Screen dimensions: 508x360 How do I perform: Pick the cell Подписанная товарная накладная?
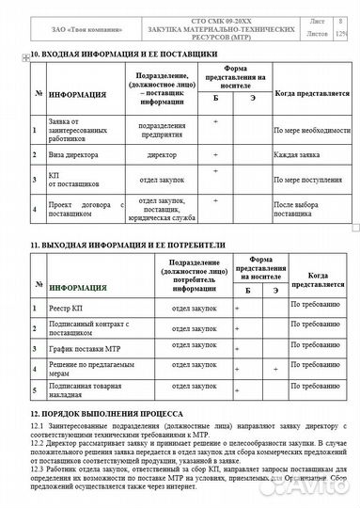tap(87, 390)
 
